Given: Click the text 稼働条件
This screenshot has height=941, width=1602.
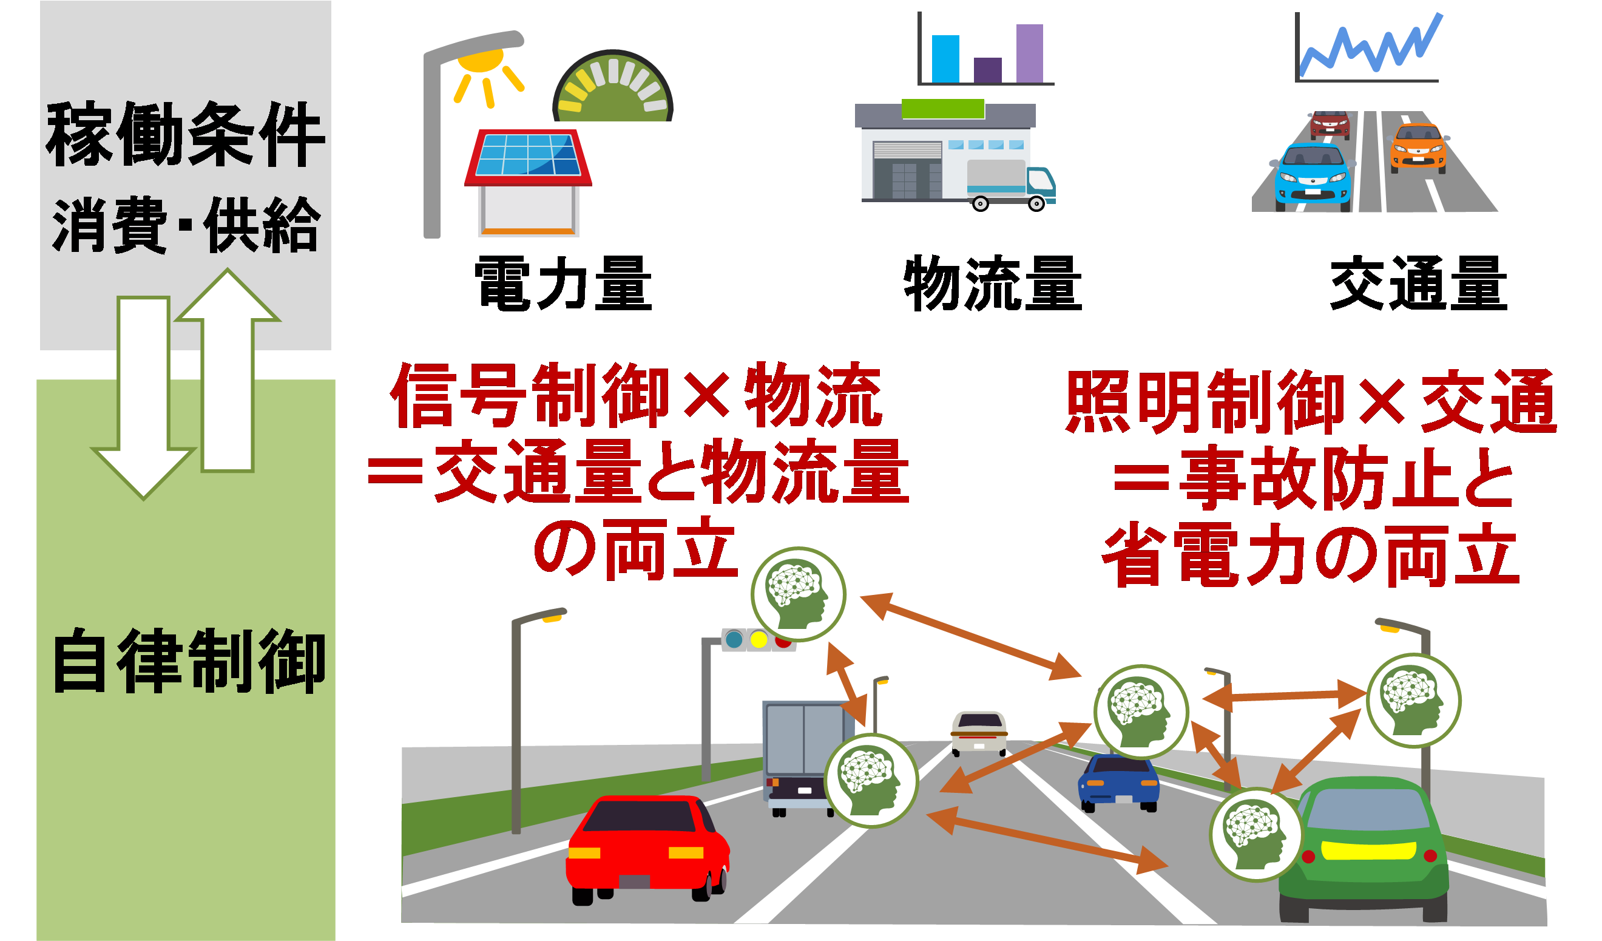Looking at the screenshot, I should pyautogui.click(x=184, y=135).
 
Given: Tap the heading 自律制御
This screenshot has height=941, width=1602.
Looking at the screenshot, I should pyautogui.click(x=189, y=661).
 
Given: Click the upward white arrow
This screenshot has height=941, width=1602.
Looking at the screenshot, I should pyautogui.click(x=228, y=375).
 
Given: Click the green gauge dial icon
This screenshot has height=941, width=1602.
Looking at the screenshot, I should pyautogui.click(x=613, y=89).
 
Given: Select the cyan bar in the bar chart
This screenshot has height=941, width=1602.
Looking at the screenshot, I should pyautogui.click(x=945, y=58).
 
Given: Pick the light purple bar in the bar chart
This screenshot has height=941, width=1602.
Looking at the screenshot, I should pyautogui.click(x=1029, y=53).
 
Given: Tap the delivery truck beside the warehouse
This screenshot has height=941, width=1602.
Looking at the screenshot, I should pyautogui.click(x=1011, y=185).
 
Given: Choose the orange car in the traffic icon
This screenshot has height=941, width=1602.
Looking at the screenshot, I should pyautogui.click(x=1418, y=148).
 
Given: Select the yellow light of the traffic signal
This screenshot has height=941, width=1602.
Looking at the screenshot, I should pyautogui.click(x=759, y=640).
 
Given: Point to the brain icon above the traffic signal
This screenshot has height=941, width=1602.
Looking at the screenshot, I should pyautogui.click(x=799, y=594).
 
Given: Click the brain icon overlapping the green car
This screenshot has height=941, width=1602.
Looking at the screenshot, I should pyautogui.click(x=1256, y=834).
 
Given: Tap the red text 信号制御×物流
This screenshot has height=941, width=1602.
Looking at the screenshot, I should pyautogui.click(x=636, y=395).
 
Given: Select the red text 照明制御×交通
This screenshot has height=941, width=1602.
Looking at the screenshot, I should pyautogui.click(x=1311, y=402).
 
